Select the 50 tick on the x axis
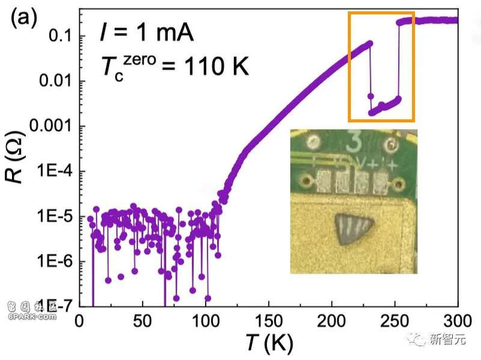[x=142, y=320]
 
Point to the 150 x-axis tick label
[x=268, y=320]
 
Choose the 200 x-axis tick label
[x=331, y=320]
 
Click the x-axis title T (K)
[x=268, y=343]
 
